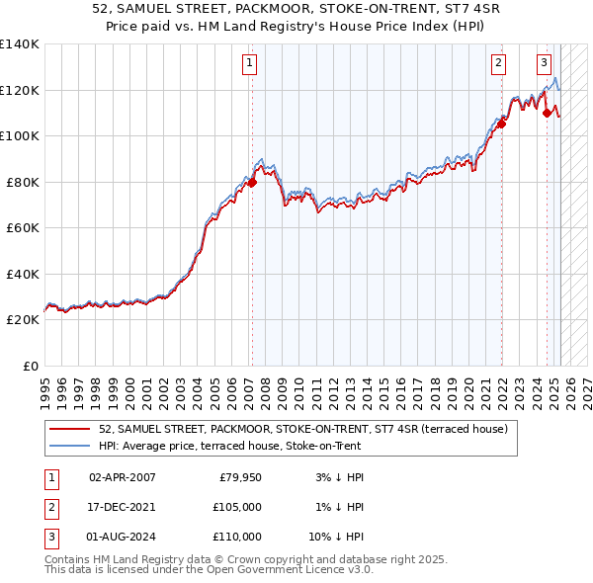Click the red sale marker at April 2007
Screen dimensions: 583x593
pos(252,182)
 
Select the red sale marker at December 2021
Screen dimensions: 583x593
pos(501,124)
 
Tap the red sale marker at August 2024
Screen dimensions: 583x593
pos(547,113)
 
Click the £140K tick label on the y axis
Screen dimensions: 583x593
pos(20,44)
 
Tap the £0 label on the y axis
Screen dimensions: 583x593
pos(30,366)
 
